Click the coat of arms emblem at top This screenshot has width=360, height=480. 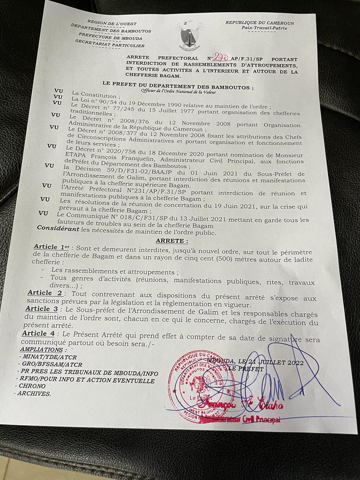(189, 36)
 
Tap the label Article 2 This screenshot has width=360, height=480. (45, 293)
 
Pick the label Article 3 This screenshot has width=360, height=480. (42, 309)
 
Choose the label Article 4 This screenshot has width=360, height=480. (38, 333)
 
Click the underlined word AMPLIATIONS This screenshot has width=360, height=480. (42, 349)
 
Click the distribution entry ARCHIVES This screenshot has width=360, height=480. (34, 394)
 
